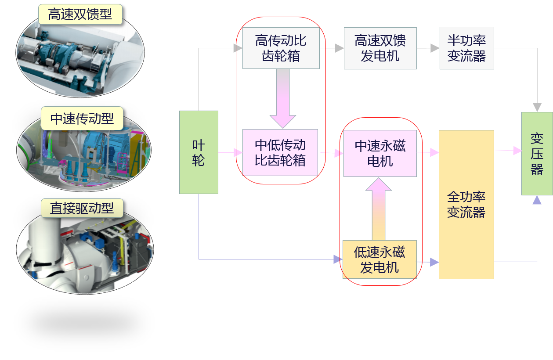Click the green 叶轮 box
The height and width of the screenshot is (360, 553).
199,152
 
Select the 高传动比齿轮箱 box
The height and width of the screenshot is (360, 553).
281,48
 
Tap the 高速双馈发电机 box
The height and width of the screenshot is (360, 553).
380,48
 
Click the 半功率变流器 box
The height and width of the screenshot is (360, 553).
466,48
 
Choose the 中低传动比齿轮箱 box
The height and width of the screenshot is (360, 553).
280,152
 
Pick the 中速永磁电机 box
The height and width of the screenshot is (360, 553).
380,153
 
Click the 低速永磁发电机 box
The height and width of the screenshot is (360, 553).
380,259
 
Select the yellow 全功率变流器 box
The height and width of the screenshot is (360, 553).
466,204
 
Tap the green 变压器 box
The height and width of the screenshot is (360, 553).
537,154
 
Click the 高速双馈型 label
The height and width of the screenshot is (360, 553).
80,14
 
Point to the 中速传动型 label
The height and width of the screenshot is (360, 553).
82,118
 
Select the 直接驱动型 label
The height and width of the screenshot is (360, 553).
82,208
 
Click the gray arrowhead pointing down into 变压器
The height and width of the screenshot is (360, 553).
537,107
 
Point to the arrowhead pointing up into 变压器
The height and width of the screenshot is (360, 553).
537,200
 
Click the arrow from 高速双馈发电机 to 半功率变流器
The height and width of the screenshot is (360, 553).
428,48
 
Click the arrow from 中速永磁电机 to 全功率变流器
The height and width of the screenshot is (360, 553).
429,153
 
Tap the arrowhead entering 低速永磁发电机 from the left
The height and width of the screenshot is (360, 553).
337,259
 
